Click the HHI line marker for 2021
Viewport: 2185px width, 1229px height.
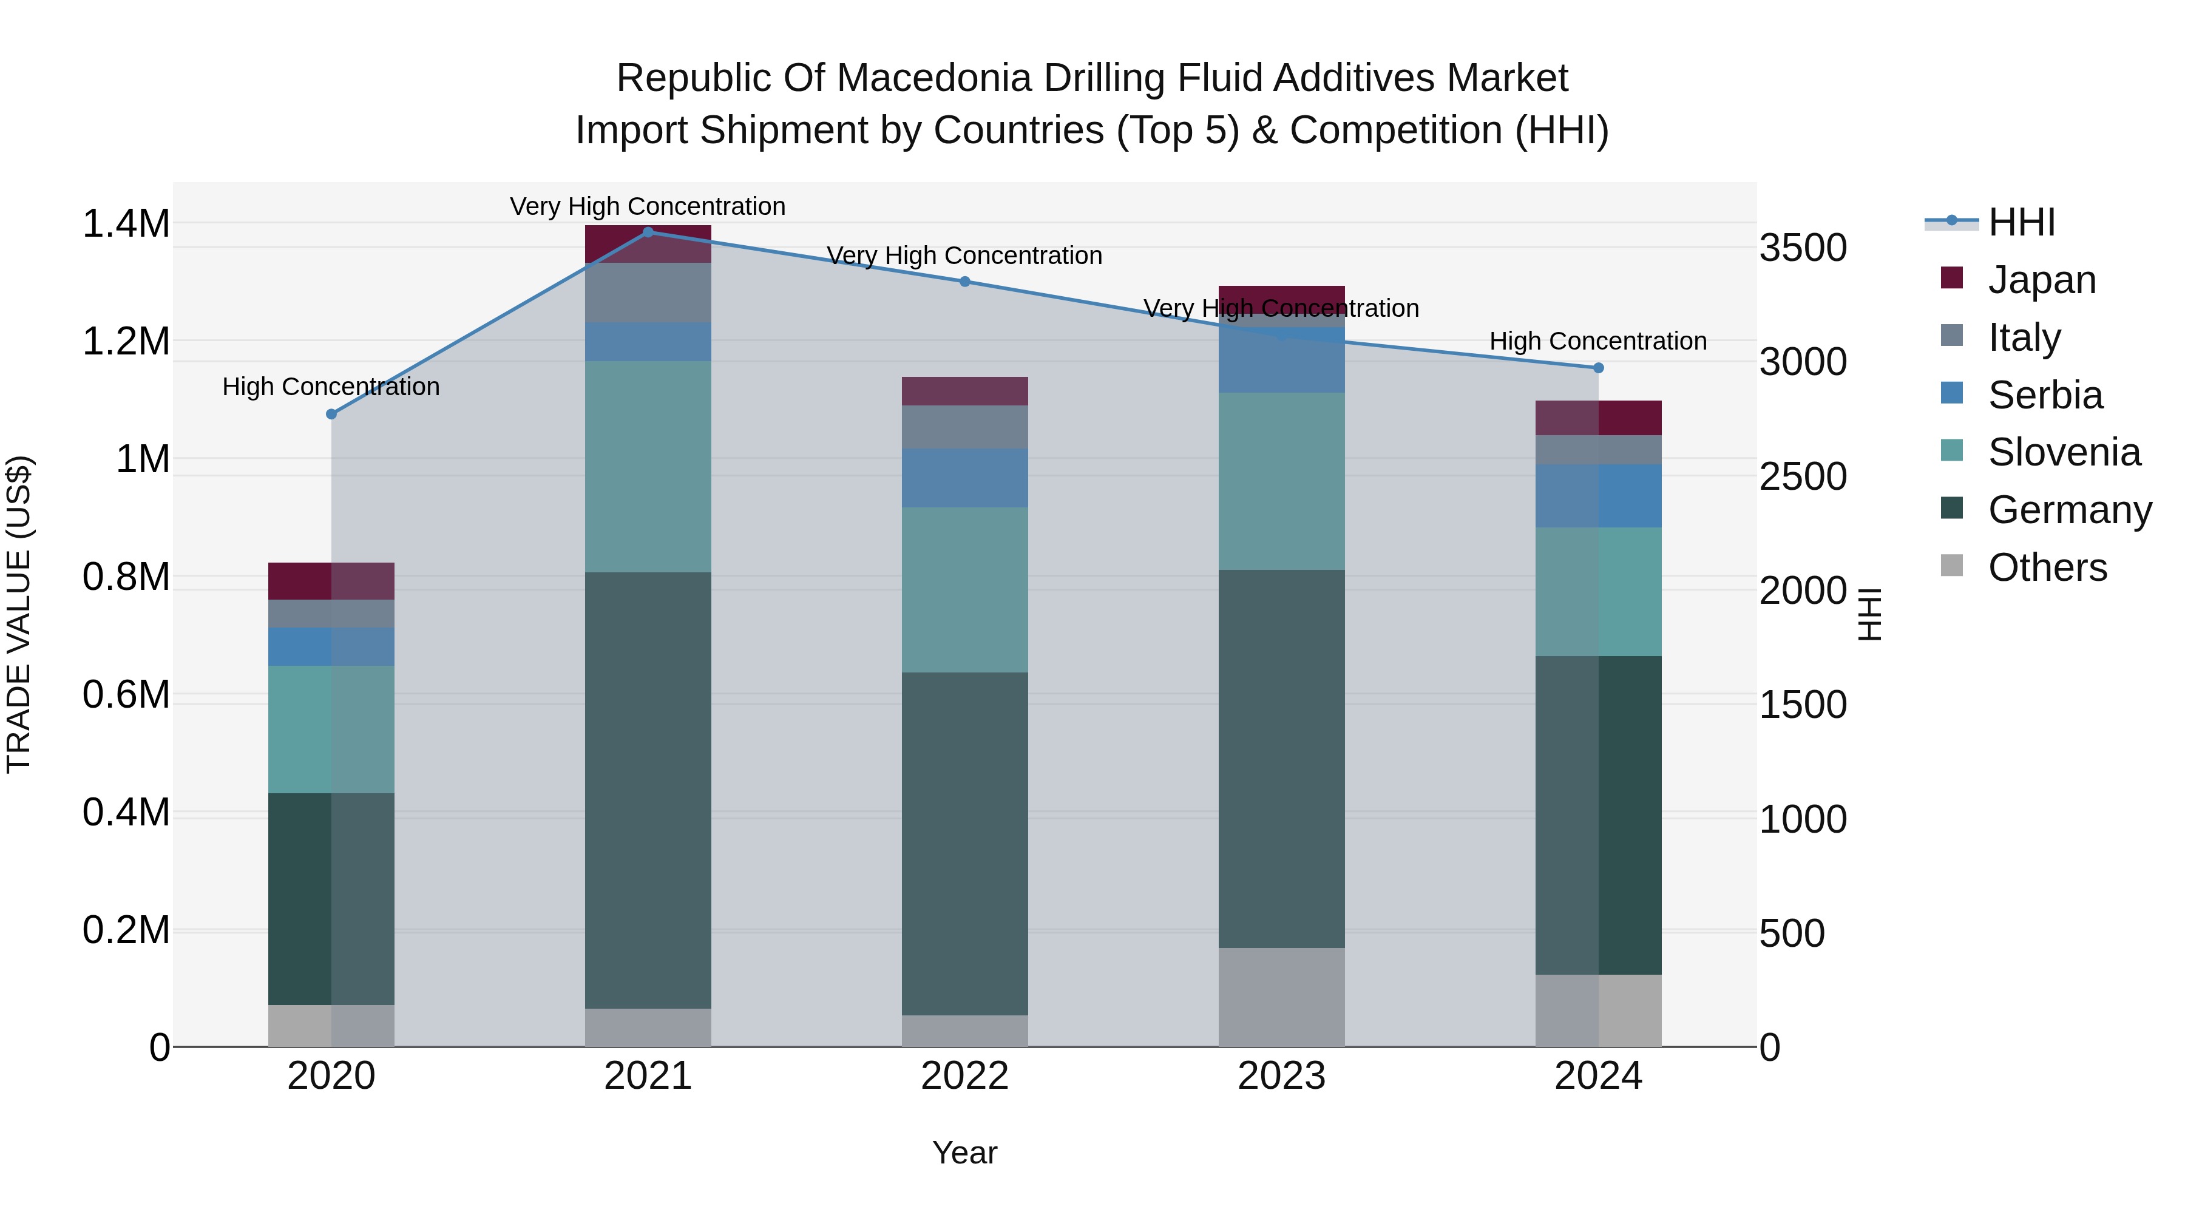coord(648,232)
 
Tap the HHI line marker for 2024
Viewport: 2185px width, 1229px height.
coord(1598,367)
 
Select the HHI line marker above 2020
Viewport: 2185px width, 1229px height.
coord(331,414)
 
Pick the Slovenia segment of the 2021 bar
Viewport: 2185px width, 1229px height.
coord(648,467)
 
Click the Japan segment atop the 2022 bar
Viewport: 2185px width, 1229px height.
coord(964,391)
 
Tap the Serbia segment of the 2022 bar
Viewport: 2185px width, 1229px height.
coord(964,478)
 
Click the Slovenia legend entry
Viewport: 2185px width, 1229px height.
coord(2063,452)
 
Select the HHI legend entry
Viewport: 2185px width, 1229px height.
coord(2021,222)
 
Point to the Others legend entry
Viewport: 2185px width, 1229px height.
coord(2046,567)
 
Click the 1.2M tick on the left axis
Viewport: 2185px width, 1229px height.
coord(126,342)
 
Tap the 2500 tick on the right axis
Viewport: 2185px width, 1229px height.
coord(1803,476)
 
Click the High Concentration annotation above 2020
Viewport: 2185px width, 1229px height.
coord(331,387)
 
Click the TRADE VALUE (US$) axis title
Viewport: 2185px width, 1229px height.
coord(19,614)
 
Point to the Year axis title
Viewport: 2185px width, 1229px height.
coord(964,1153)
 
